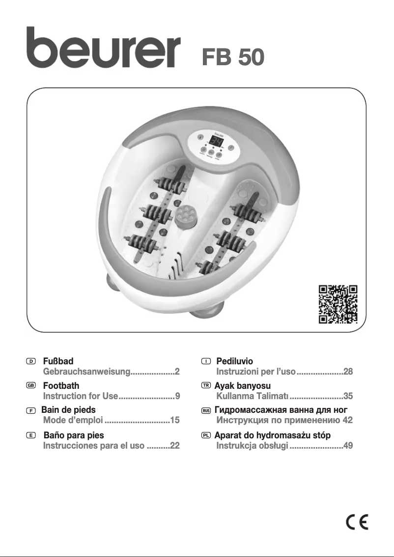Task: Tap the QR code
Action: (x=338, y=305)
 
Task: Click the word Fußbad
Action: (x=58, y=361)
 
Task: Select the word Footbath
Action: (x=61, y=386)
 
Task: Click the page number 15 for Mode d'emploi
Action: (x=174, y=420)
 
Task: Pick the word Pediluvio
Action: (x=234, y=361)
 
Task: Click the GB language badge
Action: (x=31, y=386)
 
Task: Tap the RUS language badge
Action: (x=206, y=410)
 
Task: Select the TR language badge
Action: (x=206, y=386)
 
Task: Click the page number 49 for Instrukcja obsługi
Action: (x=348, y=445)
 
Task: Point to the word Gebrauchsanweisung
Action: (x=86, y=372)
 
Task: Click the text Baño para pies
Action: (x=74, y=435)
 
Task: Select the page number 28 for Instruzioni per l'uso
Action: (x=348, y=372)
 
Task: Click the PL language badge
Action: (x=206, y=435)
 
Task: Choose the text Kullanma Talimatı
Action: (x=253, y=396)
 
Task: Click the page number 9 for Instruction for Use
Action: (x=178, y=396)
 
